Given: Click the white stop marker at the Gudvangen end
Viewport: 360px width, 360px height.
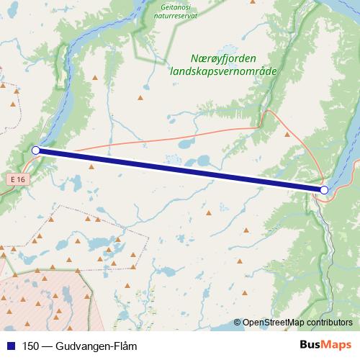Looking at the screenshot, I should click(36, 150).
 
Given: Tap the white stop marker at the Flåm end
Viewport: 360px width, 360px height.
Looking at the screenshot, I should click(324, 189).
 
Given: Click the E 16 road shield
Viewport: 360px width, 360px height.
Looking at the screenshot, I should click(19, 177).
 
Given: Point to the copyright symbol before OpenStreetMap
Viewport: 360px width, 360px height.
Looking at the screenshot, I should click(238, 323).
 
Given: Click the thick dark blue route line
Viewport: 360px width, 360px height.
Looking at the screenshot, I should click(180, 170).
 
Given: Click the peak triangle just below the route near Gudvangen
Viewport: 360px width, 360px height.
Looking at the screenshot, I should click(91, 166).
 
